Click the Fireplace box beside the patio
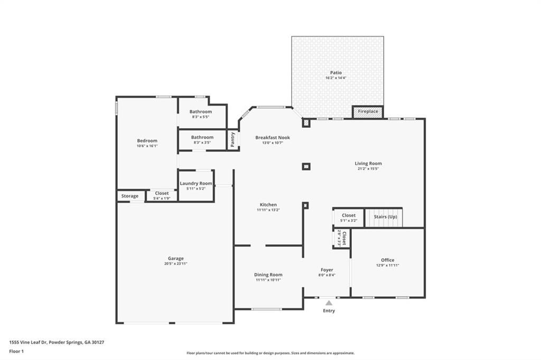point(368,112)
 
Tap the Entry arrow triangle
point(329,303)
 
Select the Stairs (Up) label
point(385,217)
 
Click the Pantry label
point(232,139)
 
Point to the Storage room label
point(130,196)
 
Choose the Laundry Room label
point(196,183)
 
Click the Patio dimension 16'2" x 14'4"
point(336,78)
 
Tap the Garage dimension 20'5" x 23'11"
point(176,263)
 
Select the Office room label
point(388,260)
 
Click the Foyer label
point(327,270)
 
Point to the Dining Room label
point(268,274)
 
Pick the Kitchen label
point(268,205)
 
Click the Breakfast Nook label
point(273,138)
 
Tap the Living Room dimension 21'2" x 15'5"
point(368,169)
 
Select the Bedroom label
point(147,140)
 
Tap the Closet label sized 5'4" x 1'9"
point(162,198)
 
